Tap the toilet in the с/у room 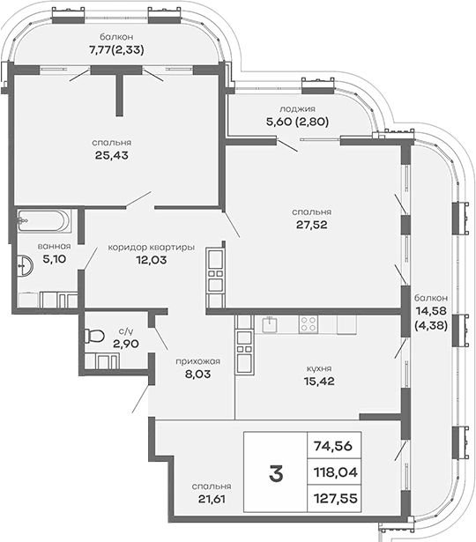coord(97,336)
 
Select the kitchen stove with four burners coord(309,324)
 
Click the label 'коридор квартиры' coord(151,247)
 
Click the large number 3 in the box coord(276,474)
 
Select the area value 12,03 coord(152,260)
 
